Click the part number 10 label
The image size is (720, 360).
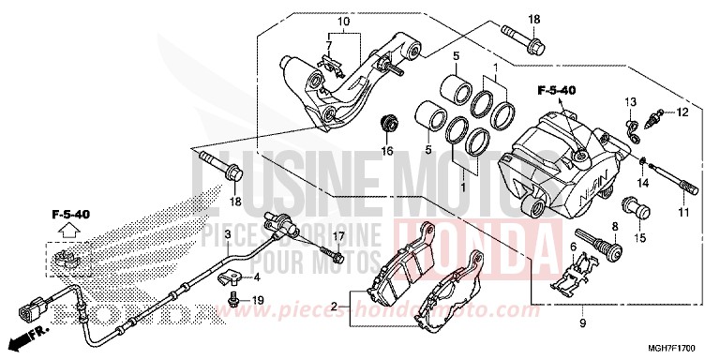[343, 22]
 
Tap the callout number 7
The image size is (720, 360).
[330, 46]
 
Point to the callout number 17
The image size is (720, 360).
[338, 234]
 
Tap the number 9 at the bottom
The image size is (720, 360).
[582, 322]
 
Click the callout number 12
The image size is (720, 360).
[682, 112]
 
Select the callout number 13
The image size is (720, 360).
[631, 101]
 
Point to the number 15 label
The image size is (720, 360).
[641, 238]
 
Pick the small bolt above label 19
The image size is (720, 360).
[231, 298]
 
